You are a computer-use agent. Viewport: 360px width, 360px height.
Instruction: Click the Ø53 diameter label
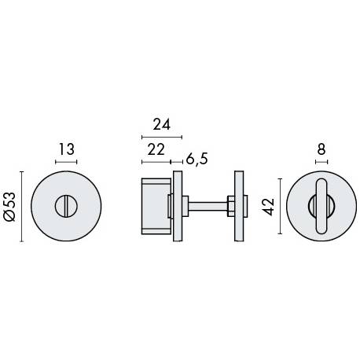coord(10,207)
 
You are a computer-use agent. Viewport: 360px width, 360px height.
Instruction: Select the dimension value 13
coord(66,149)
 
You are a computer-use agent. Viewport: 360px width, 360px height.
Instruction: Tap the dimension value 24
coord(162,124)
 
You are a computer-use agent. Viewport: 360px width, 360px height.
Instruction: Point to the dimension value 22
coord(156,150)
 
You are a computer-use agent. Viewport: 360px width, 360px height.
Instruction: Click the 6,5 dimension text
coord(197,159)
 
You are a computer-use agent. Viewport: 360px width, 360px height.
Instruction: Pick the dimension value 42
coord(269,207)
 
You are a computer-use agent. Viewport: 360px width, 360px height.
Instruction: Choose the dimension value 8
coord(321,149)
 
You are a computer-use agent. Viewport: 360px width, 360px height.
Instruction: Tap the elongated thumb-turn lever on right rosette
coord(321,206)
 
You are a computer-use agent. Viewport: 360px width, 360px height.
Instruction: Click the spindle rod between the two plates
coord(208,206)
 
